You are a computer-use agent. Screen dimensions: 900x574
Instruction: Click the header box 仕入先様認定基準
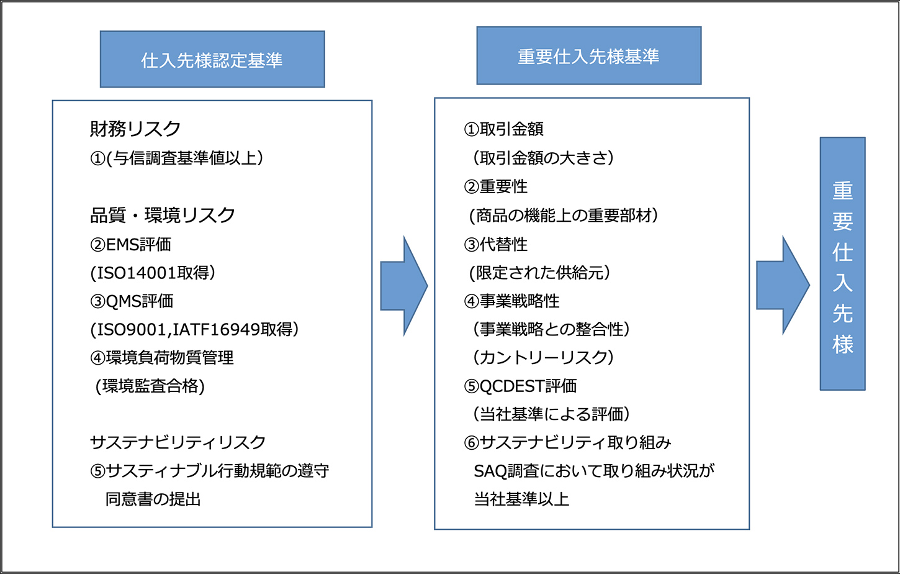(212, 59)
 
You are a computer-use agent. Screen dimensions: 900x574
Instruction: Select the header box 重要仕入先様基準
(588, 55)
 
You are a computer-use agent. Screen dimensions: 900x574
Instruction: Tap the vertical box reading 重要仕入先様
(842, 263)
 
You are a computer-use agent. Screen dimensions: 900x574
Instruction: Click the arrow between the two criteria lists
(404, 286)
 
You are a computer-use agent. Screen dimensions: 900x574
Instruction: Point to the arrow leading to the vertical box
(783, 285)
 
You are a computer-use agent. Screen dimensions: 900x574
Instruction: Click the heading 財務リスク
(135, 129)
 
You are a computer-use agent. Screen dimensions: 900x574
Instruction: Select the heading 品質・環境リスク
(163, 215)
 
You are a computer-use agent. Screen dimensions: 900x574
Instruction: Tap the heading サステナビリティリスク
(178, 442)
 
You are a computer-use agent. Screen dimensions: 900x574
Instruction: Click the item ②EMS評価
(130, 245)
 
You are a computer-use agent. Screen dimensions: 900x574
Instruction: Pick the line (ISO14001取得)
(153, 273)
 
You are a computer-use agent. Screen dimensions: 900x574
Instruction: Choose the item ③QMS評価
(132, 301)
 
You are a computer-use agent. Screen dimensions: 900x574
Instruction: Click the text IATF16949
(216, 330)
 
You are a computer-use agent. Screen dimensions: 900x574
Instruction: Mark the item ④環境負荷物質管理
(161, 358)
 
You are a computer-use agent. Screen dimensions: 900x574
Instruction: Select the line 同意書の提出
(153, 499)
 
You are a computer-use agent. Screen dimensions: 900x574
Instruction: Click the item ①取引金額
(503, 129)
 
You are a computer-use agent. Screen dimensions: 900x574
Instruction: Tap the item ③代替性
(495, 245)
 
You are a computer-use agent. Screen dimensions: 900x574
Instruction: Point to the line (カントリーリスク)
(543, 358)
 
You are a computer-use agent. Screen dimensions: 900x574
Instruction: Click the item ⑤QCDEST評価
(520, 386)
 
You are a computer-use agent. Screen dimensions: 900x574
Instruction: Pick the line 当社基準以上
(521, 499)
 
